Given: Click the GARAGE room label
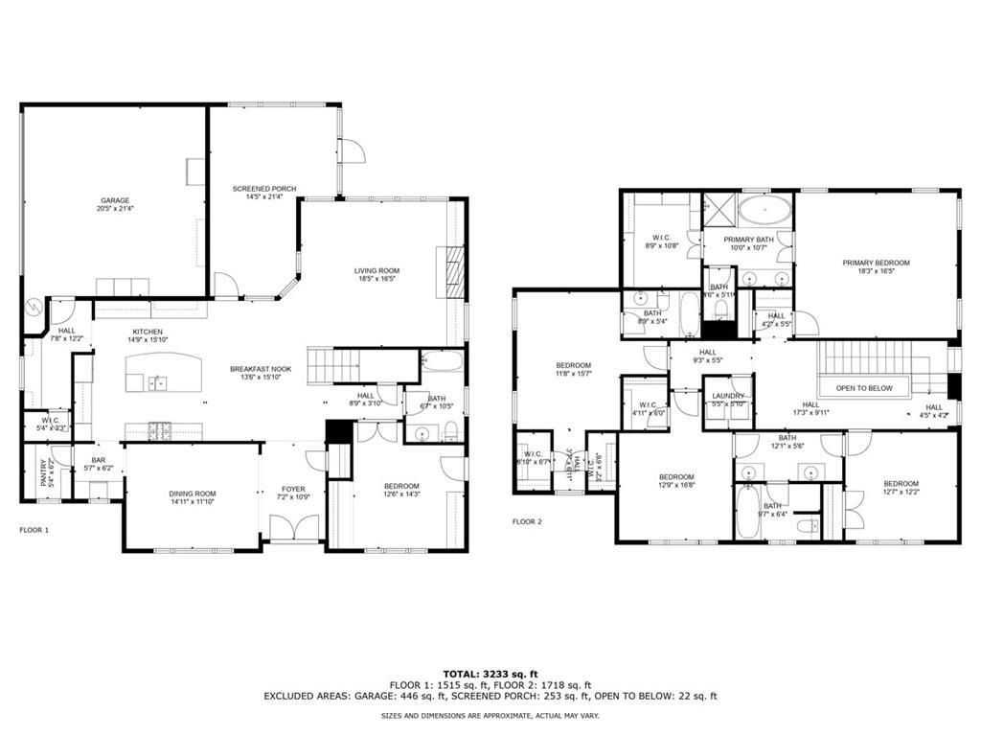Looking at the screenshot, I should tap(115, 201).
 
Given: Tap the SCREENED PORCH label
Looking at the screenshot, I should tap(264, 189).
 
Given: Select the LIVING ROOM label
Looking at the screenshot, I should tap(376, 271).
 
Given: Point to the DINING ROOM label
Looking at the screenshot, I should tap(191, 494).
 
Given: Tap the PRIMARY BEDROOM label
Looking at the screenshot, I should tap(876, 263).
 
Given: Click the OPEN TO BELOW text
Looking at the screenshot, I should tap(864, 388).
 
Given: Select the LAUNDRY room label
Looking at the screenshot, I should tap(728, 396).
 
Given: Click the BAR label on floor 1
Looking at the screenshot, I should tap(98, 460).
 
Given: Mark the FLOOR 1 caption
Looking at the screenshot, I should tap(34, 530).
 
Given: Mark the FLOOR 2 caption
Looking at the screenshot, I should tap(526, 522).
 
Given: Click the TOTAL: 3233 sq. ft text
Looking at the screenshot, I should tap(490, 673).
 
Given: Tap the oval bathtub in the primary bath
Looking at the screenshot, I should tap(763, 211).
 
